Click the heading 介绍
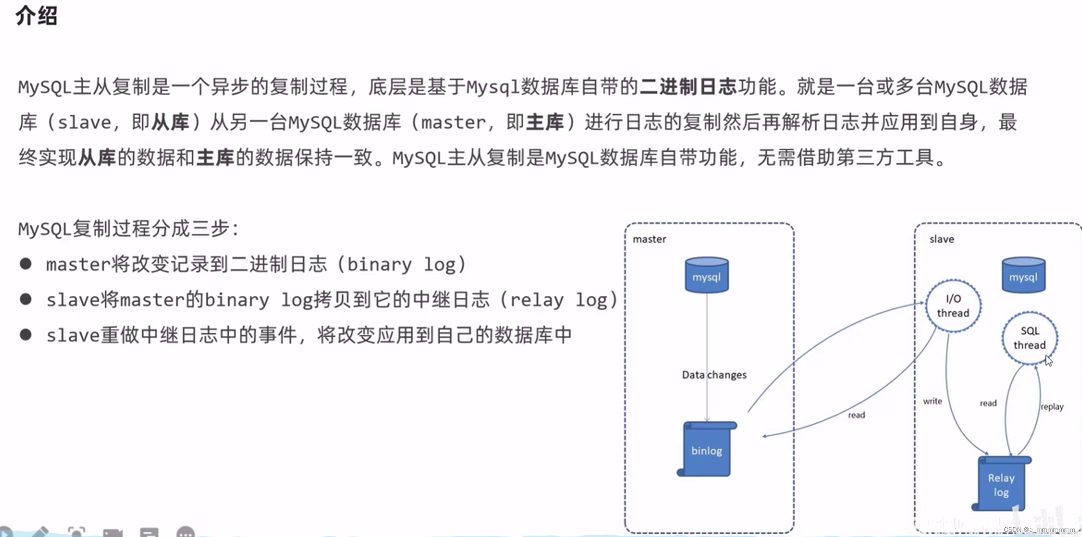pyautogui.click(x=36, y=16)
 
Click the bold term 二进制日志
pyautogui.click(x=688, y=87)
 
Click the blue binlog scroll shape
pyautogui.click(x=706, y=450)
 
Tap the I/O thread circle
pyautogui.click(x=953, y=305)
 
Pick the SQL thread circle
pyautogui.click(x=1029, y=338)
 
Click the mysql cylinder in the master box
pyautogui.click(x=706, y=276)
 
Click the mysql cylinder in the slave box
pyautogui.click(x=1023, y=276)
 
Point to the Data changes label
pyautogui.click(x=714, y=375)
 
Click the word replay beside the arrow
pyautogui.click(x=1052, y=407)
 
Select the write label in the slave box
pyautogui.click(x=932, y=401)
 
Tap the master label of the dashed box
pyautogui.click(x=649, y=239)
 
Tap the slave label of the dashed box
pyautogui.click(x=942, y=239)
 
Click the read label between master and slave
pyautogui.click(x=856, y=415)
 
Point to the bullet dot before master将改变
pyautogui.click(x=26, y=264)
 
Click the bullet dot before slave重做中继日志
pyautogui.click(x=26, y=335)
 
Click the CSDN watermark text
pyautogui.click(x=1039, y=530)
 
